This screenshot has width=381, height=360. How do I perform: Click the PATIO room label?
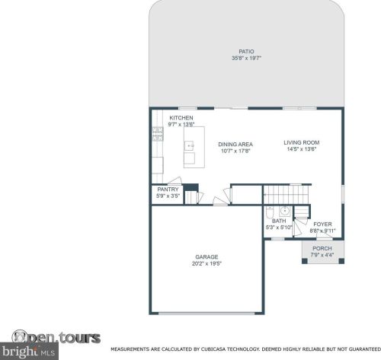point(246,52)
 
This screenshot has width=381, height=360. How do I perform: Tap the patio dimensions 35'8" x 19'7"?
point(246,58)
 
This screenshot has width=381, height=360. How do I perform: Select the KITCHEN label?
point(181,118)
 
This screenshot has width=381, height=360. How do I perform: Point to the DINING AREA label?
point(235,145)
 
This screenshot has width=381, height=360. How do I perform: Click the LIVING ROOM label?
point(302,142)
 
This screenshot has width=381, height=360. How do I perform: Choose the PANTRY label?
point(168,190)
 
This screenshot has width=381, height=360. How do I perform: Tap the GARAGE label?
point(207,257)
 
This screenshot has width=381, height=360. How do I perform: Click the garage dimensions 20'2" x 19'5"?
point(207,263)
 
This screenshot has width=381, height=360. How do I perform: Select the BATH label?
point(279,221)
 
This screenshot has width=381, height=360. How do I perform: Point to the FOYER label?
point(322,225)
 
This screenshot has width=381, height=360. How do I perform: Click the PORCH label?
point(322,248)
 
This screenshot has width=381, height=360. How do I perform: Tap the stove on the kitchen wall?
point(158,134)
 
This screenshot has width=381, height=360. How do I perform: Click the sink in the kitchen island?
point(189,145)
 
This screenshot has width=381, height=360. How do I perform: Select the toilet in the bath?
point(269,212)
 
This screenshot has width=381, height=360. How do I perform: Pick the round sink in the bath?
point(285,211)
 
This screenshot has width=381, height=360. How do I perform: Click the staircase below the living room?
point(287,195)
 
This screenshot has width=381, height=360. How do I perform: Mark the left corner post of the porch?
point(305,261)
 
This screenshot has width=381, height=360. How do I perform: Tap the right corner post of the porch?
point(341,261)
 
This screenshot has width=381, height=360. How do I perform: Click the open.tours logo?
point(56,337)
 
